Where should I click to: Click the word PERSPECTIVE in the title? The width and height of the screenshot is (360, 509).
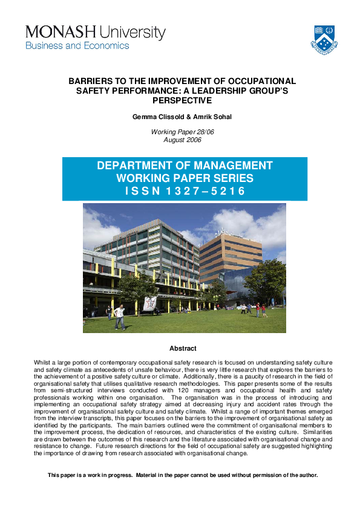pos(182,100)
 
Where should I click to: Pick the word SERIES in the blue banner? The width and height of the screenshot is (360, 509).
pos(231,178)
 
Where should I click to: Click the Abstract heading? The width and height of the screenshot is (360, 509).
pos(183,348)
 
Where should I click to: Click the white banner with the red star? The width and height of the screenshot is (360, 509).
pos(149,303)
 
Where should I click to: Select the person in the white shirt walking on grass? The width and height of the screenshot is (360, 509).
pos(120,316)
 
